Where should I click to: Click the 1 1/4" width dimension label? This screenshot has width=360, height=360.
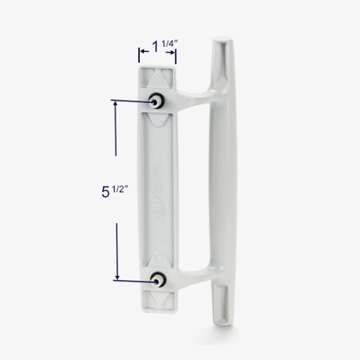click(x=157, y=54)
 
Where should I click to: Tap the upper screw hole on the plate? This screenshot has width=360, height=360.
click(x=157, y=101)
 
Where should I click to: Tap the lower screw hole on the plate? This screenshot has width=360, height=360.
click(x=159, y=279)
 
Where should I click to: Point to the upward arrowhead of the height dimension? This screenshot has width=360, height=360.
click(x=118, y=108)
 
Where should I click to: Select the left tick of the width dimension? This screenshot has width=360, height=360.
click(x=140, y=54)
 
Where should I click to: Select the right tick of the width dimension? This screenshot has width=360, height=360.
click(x=175, y=54)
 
